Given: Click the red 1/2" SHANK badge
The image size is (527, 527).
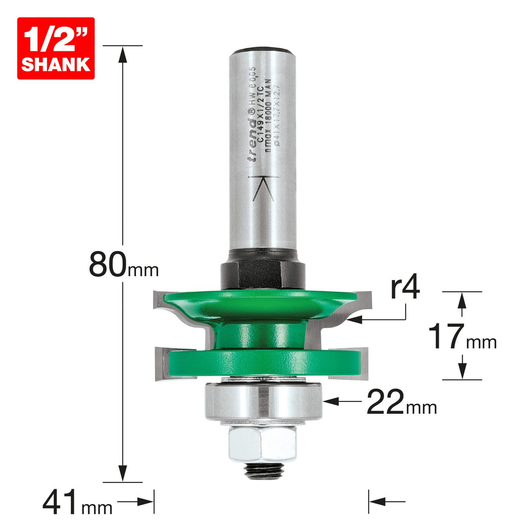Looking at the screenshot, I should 56,48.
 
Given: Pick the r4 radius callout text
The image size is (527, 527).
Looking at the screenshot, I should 405,288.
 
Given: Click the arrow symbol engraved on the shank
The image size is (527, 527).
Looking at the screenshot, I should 263,189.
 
